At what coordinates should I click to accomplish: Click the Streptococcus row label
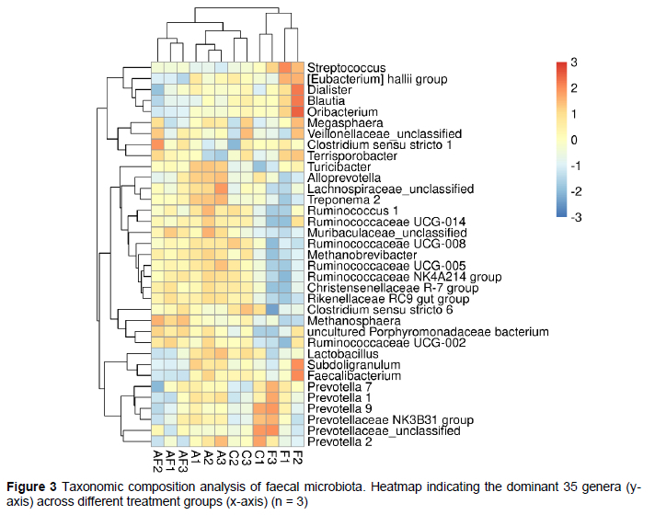click(346, 68)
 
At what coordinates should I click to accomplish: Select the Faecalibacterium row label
click(354, 375)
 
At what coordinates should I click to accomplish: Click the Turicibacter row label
click(339, 166)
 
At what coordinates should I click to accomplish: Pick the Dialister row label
click(329, 90)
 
